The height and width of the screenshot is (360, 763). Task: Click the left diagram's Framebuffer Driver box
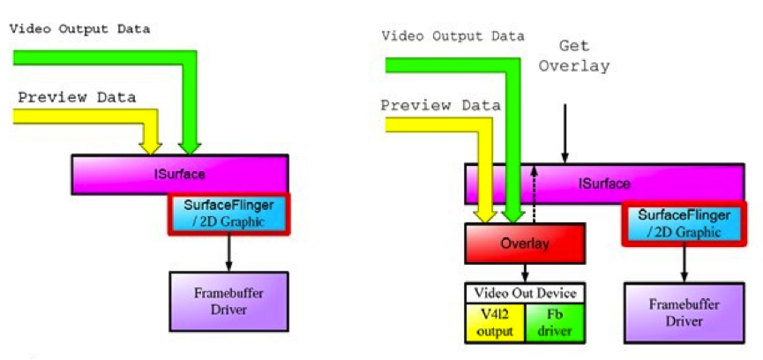[228, 301]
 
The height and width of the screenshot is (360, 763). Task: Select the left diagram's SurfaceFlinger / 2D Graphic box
[229, 214]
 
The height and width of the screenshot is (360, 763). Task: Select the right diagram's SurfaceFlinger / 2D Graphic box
[685, 224]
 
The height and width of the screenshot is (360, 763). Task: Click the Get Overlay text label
[573, 56]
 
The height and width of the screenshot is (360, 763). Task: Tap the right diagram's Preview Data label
[441, 105]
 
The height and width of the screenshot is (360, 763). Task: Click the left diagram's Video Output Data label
[79, 28]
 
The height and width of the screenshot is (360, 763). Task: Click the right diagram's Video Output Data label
[453, 36]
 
